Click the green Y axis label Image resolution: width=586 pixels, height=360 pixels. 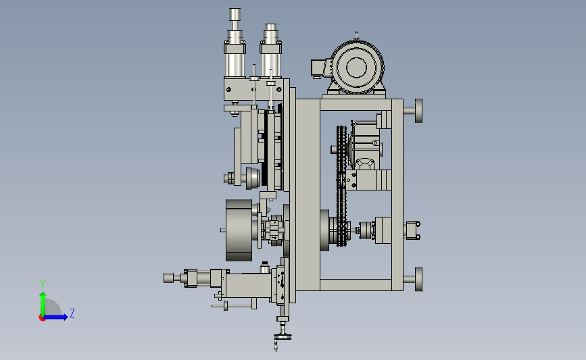coord(43,284)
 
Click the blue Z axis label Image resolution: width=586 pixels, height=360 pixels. coord(72,313)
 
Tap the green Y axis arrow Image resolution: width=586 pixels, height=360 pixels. coord(43,304)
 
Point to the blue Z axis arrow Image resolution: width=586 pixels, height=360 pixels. coord(55,317)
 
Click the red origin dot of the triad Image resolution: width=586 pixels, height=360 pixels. coord(42,317)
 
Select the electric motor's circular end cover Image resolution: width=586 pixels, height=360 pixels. coord(357,68)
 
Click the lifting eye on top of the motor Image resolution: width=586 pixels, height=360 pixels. coord(356,36)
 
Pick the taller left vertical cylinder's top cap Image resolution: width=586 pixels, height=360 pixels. coord(235,14)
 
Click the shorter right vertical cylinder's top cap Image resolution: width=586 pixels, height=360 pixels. coord(270,28)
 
